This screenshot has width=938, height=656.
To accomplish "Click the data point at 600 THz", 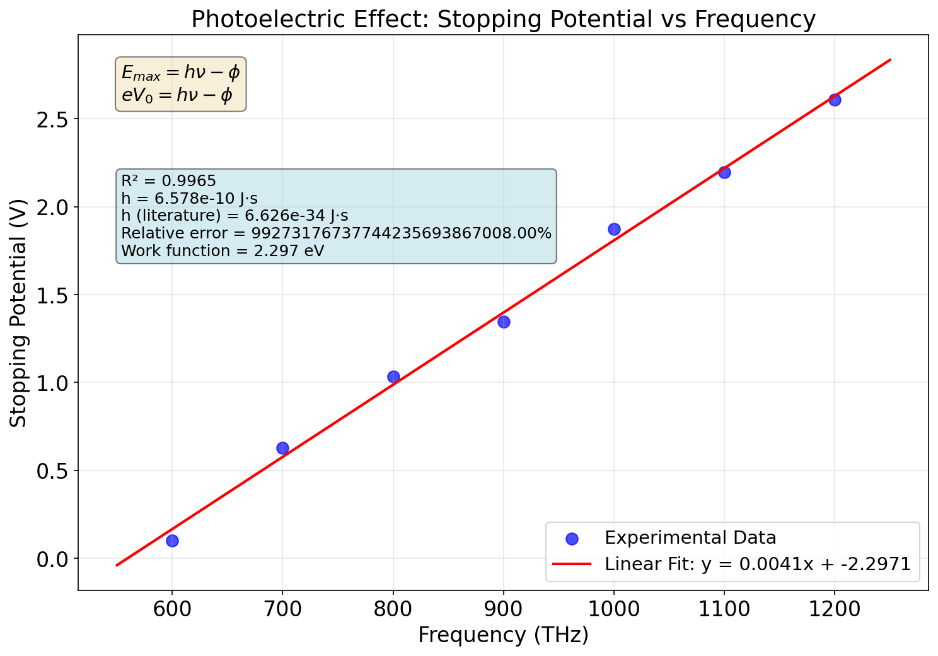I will [x=172, y=541].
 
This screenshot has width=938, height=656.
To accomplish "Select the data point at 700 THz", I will [x=282, y=448].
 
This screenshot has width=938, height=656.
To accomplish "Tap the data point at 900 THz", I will [x=504, y=322].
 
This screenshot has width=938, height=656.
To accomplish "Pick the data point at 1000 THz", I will [x=614, y=229].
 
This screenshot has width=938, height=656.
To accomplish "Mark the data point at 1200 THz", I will [x=835, y=100].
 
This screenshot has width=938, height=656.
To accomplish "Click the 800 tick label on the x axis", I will [x=393, y=609].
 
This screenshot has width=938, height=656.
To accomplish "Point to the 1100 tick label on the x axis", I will [x=724, y=609].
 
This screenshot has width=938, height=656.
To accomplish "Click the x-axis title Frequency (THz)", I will [x=503, y=635].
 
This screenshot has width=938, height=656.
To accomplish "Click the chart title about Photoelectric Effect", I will [x=503, y=20].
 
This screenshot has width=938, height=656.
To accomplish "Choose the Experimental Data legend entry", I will [x=690, y=538].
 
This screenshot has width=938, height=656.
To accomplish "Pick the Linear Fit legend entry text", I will [x=757, y=564].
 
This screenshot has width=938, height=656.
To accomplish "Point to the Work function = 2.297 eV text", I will [x=223, y=251].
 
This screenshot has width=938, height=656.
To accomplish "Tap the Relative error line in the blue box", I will [x=336, y=233].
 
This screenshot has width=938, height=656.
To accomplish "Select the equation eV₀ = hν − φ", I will [x=177, y=96].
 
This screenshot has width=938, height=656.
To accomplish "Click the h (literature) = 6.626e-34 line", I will [x=234, y=216].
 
